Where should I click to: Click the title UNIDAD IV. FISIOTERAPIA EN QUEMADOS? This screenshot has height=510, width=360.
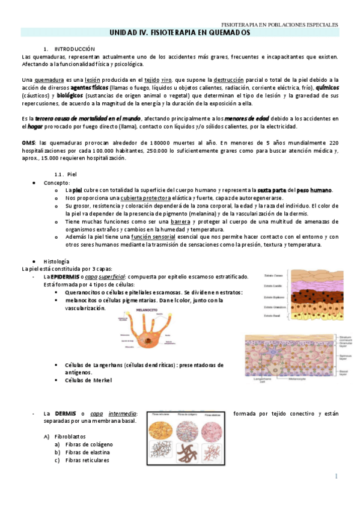pyautogui.click(x=180, y=34)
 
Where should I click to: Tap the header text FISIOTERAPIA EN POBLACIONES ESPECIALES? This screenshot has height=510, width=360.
pyautogui.click(x=279, y=25)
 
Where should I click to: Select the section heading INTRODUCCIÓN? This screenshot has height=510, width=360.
pyautogui.click(x=75, y=48)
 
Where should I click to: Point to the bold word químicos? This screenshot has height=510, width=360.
pyautogui.click(x=325, y=87)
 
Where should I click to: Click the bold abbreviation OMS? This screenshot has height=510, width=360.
pyautogui.click(x=28, y=143)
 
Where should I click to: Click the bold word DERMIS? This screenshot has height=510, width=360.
pyautogui.click(x=65, y=413)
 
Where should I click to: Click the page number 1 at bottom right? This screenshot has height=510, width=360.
pyautogui.click(x=337, y=476)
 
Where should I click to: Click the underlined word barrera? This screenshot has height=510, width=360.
pyautogui.click(x=180, y=221)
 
